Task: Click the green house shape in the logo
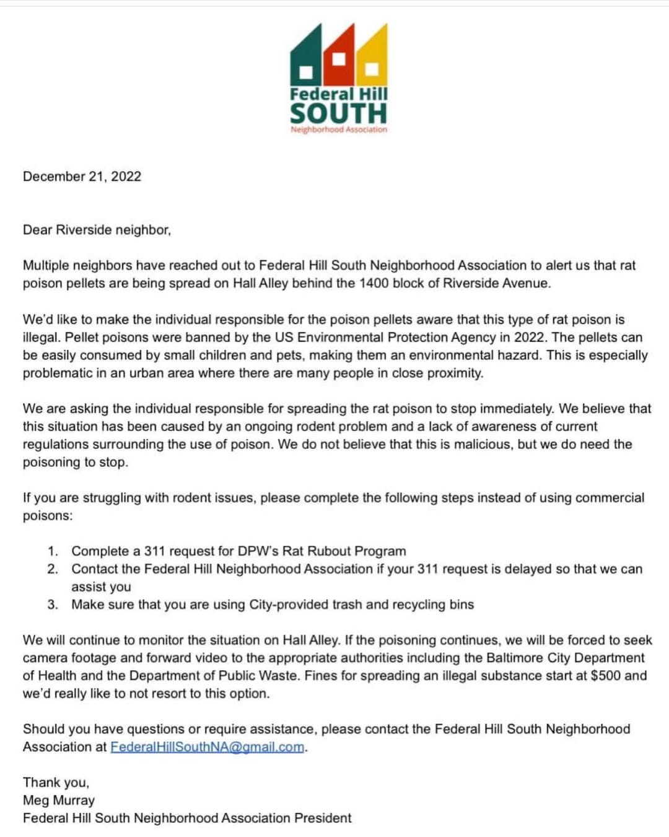click(x=305, y=59)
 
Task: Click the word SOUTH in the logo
click(x=338, y=113)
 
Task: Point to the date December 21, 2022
click(x=82, y=177)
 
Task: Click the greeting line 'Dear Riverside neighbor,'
click(x=97, y=230)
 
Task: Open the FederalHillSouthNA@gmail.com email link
click(x=208, y=747)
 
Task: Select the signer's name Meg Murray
click(x=59, y=800)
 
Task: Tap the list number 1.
click(x=53, y=551)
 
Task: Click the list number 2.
click(x=53, y=569)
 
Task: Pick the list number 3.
click(x=53, y=604)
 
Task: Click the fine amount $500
click(x=605, y=676)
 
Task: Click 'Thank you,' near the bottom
click(x=56, y=782)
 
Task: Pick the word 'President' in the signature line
click(x=323, y=818)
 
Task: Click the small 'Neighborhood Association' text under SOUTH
click(x=339, y=130)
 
